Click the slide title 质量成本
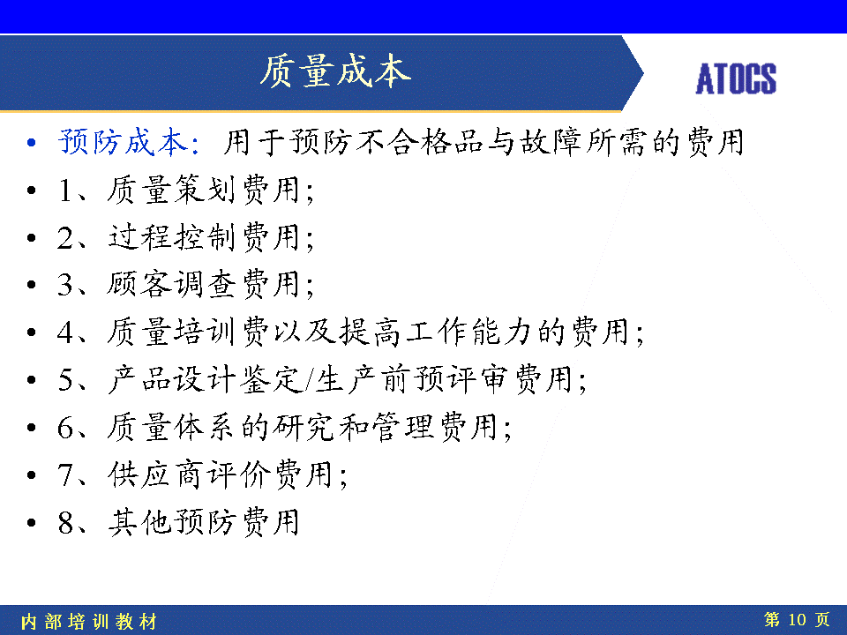coord(335,71)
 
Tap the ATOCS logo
coord(736,78)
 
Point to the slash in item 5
coord(309,379)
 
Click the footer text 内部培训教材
coord(89,622)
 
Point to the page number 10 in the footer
coord(797,619)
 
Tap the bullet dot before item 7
coord(32,475)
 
